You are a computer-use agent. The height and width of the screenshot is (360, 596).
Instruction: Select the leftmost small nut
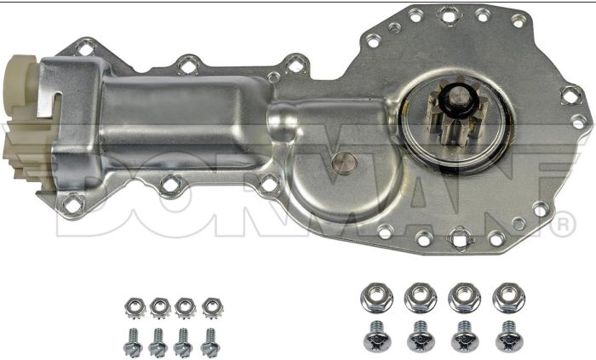[134, 306]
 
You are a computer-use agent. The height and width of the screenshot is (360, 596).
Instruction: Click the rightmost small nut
[210, 306]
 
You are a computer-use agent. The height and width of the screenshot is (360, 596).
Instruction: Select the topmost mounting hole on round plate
[446, 14]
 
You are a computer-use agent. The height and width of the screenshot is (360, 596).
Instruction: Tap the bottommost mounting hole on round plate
[462, 239]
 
